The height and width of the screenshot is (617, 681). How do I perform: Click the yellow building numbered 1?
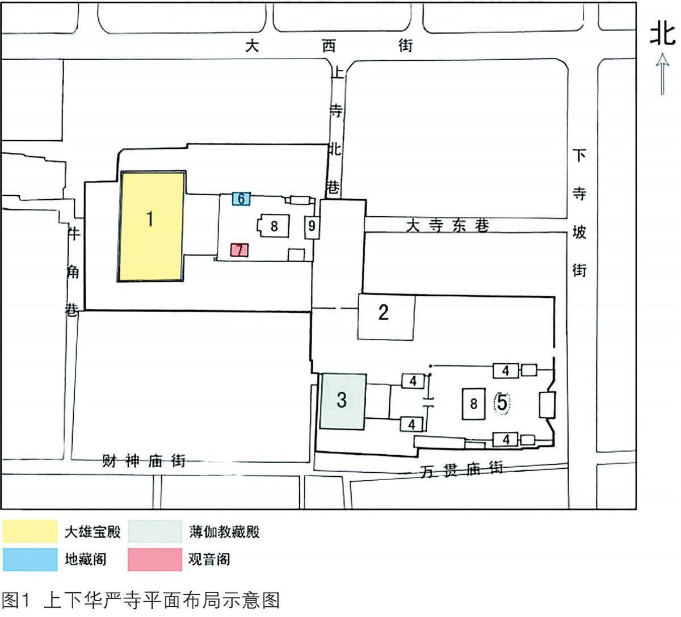click(x=151, y=226)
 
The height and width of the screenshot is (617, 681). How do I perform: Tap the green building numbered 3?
click(x=342, y=401)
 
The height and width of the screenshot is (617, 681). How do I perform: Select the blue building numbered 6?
click(x=241, y=199)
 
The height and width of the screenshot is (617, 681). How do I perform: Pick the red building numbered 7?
click(x=239, y=250)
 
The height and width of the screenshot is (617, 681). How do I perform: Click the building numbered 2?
click(x=385, y=317)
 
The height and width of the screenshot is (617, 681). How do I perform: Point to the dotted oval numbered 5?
click(x=502, y=402)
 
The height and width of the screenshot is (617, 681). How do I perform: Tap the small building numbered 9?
click(x=312, y=226)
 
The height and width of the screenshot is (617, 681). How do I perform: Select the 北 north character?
click(x=663, y=33)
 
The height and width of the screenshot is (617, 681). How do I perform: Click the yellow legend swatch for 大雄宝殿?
click(x=31, y=532)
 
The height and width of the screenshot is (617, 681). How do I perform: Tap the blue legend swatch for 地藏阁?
click(x=31, y=559)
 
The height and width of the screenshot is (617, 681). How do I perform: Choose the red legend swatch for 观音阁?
click(x=155, y=559)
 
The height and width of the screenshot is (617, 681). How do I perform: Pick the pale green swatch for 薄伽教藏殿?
click(x=155, y=532)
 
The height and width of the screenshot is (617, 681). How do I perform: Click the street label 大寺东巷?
click(x=447, y=226)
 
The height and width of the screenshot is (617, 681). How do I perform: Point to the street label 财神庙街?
click(x=144, y=460)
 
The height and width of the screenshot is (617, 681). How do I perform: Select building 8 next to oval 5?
click(x=473, y=404)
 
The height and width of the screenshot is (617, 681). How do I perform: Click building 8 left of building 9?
click(x=274, y=226)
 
